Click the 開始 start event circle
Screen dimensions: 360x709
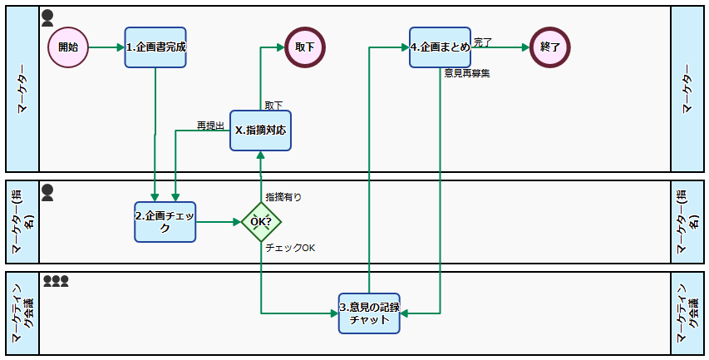68,47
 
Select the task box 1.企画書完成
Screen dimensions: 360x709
155,47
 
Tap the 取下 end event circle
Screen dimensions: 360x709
305,47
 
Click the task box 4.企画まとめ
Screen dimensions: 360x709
440,47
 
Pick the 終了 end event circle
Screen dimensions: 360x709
550,47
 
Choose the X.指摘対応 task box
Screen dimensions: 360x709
260,131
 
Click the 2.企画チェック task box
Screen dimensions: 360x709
165,222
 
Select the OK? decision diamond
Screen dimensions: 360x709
261,222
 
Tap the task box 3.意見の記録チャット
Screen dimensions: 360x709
369,313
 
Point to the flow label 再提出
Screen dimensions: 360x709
210,126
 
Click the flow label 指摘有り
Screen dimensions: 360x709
283,197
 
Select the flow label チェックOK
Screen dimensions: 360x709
290,248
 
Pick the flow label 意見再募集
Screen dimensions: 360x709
467,73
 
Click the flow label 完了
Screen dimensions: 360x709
483,42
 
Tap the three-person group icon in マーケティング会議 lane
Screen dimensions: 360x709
56,282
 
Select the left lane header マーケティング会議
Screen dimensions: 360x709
22,313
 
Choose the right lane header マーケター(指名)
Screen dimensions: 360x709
687,222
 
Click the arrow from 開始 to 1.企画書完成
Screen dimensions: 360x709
106,47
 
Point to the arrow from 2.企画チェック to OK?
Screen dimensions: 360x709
218,222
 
